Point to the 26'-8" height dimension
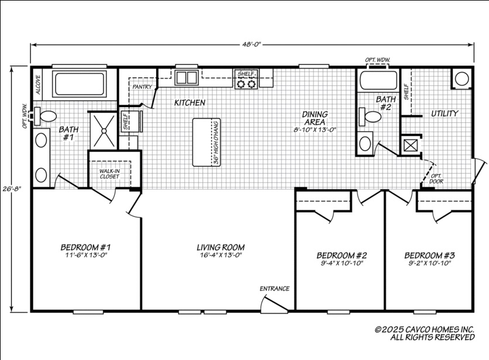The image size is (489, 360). click(x=11, y=189)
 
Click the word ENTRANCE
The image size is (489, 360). click(x=275, y=289)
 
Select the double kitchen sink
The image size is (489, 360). click(x=186, y=77)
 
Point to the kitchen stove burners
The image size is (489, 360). click(x=246, y=84)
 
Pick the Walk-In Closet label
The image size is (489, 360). click(x=109, y=173)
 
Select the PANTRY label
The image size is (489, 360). click(x=142, y=87)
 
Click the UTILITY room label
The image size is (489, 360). click(x=445, y=113)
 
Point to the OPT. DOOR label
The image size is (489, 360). click(x=436, y=178)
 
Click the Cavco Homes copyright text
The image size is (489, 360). click(x=424, y=333)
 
